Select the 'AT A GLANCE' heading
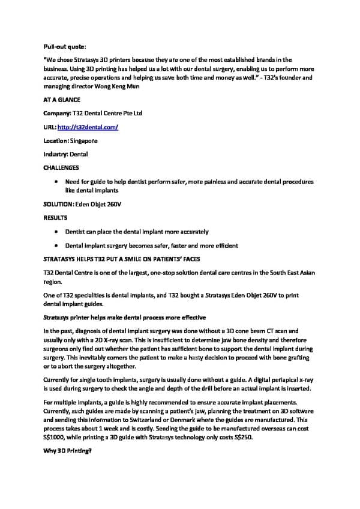62,100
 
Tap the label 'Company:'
58,113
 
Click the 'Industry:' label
56,154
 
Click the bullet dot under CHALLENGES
56,181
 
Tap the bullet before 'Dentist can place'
56,231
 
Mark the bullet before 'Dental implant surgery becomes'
56,245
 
